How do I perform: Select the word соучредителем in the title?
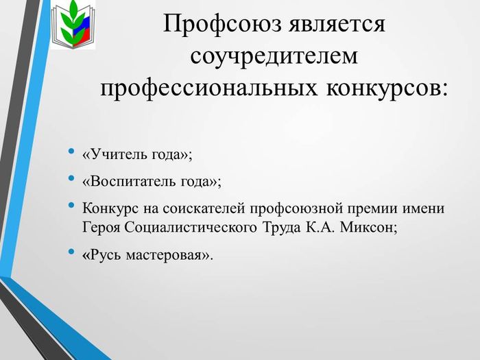click(x=274, y=56)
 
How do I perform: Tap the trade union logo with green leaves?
click(x=73, y=25)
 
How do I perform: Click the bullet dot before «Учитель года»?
click(x=71, y=151)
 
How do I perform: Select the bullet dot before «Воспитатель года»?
click(x=71, y=178)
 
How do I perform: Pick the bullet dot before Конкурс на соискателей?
click(x=71, y=205)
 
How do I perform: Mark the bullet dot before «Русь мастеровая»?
click(x=71, y=252)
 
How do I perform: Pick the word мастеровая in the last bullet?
click(x=165, y=256)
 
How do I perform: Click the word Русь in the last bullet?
click(x=106, y=255)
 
